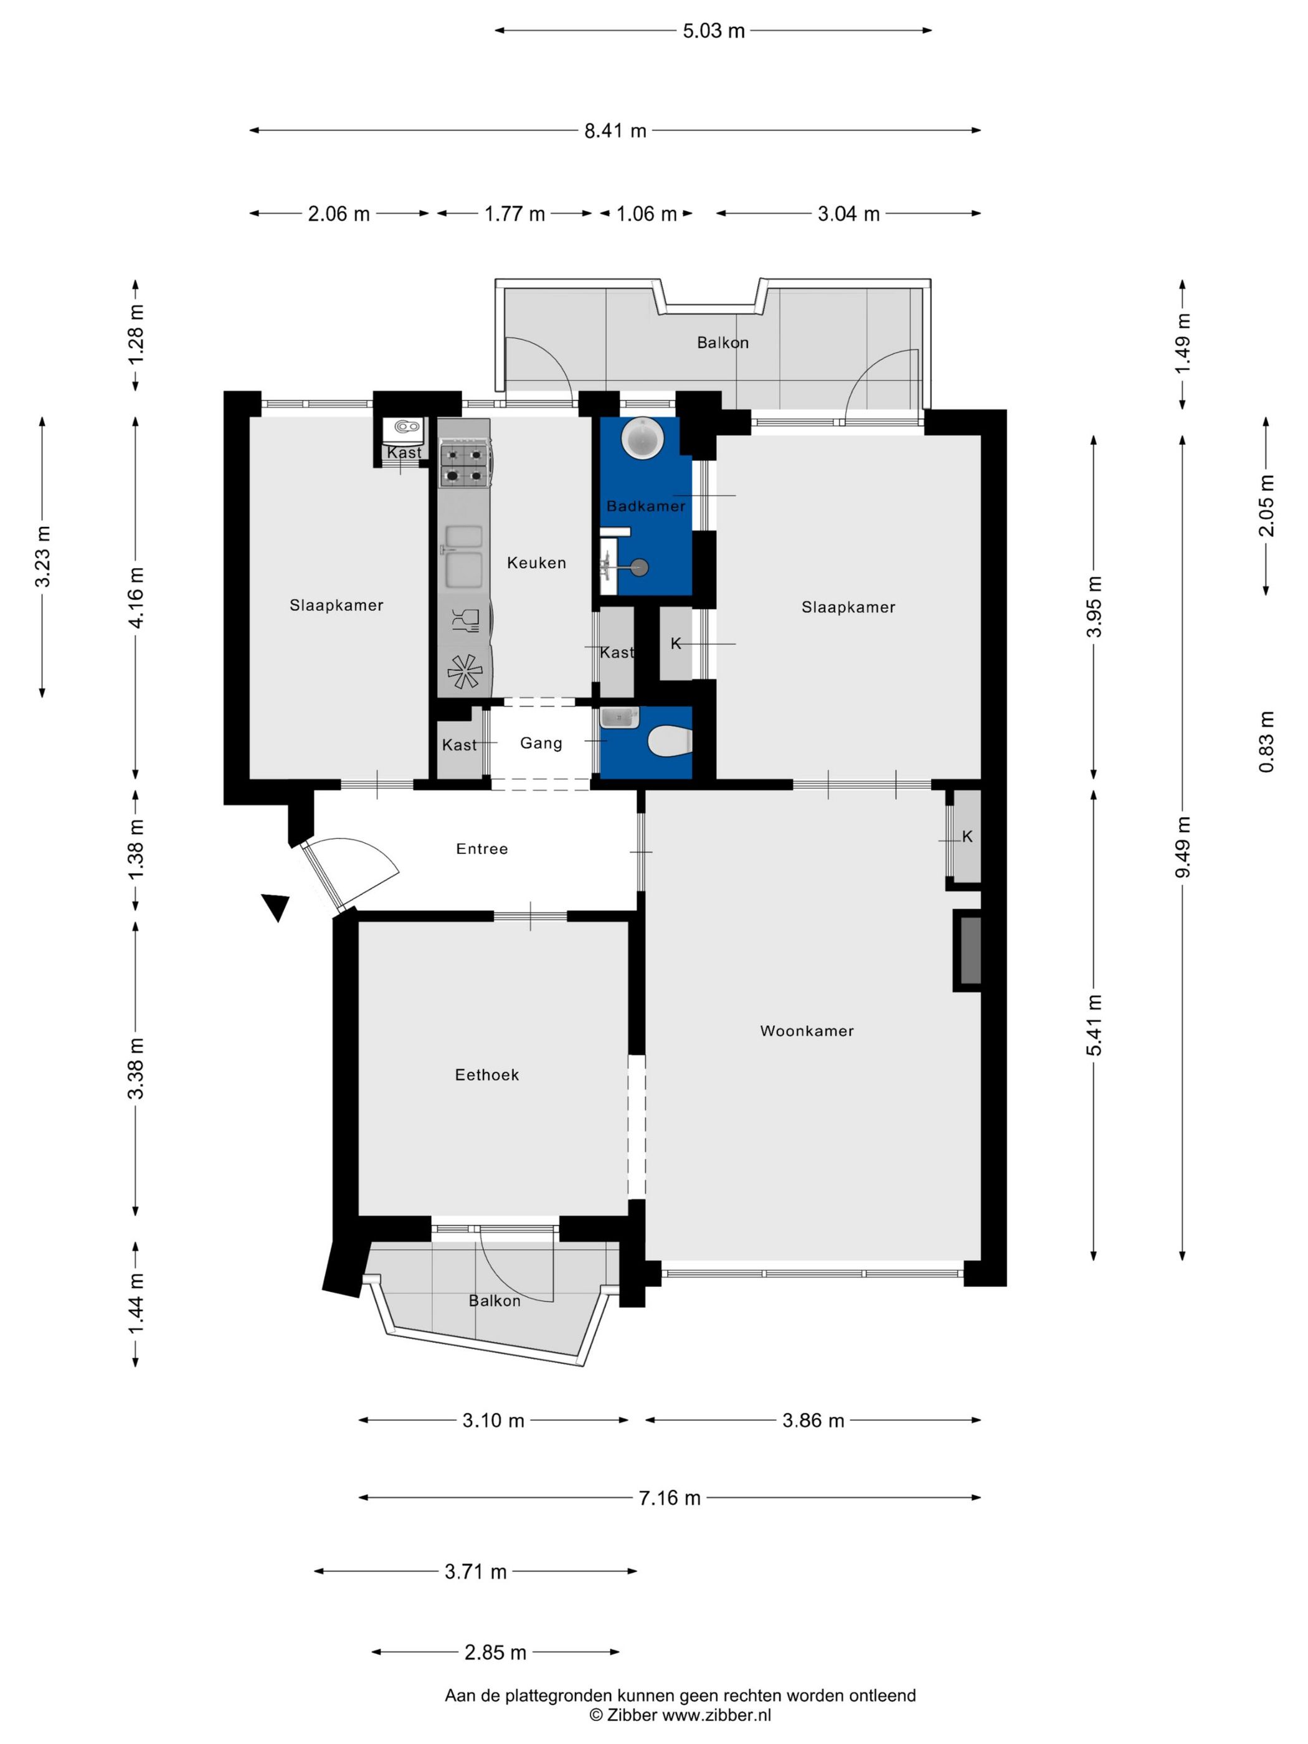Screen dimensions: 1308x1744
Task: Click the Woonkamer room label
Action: [x=807, y=1030]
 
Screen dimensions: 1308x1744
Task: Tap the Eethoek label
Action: [x=486, y=1074]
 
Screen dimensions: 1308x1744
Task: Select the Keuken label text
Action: [x=536, y=562]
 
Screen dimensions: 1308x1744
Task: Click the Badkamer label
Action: [x=646, y=506]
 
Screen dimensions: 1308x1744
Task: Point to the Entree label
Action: [x=481, y=848]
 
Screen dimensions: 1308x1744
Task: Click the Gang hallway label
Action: [x=541, y=742]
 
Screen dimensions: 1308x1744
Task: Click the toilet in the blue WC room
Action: [x=670, y=741]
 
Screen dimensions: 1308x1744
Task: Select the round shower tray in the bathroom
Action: [x=643, y=438]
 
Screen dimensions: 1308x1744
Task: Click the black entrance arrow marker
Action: [x=276, y=907]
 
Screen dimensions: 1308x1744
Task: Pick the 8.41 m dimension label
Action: [x=615, y=131]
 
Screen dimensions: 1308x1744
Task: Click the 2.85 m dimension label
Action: [x=495, y=1652]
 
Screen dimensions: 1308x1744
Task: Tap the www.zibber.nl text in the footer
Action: [x=716, y=1715]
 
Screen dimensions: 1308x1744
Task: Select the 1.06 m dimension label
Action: [x=647, y=214]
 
